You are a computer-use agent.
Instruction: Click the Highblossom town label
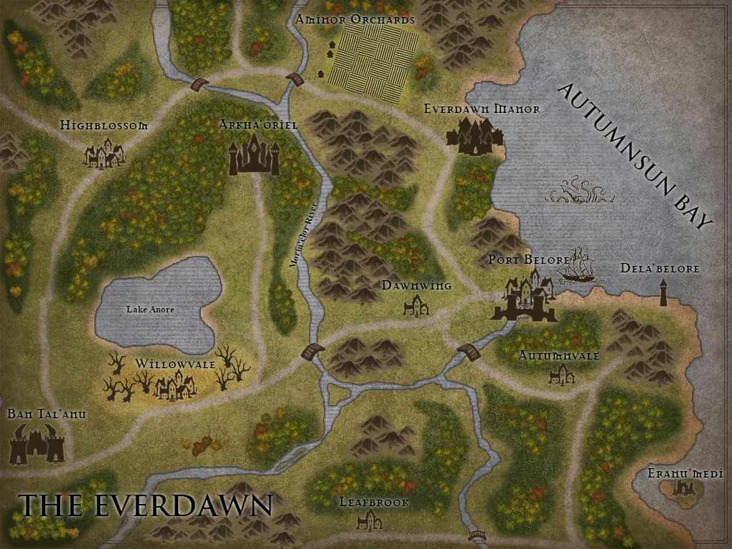104,125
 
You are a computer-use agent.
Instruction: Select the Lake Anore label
150,310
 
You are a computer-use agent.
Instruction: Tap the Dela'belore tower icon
663,292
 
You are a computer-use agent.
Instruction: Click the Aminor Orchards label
355,20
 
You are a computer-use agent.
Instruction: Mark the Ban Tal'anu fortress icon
37,444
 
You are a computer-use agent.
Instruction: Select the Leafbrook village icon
370,520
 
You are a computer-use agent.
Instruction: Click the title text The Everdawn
145,505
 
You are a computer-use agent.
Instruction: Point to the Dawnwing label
416,286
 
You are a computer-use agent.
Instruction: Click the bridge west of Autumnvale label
468,351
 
